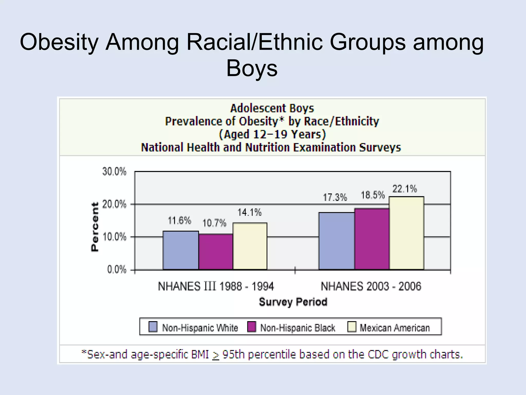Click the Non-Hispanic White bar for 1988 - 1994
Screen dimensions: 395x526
point(181,250)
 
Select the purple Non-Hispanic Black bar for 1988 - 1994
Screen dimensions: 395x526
point(216,252)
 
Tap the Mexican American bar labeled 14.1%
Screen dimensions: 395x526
point(250,246)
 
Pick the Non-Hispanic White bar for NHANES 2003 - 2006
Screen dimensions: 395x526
point(336,241)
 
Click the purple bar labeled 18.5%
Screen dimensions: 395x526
point(372,239)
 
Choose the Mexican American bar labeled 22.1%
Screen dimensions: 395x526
point(407,233)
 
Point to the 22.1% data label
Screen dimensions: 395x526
point(405,189)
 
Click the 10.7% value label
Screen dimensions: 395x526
point(214,223)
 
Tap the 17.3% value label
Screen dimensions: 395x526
point(335,197)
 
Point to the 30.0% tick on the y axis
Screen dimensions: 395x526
point(115,172)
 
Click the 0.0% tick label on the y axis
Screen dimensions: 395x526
point(117,270)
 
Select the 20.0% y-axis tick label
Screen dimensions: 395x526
point(115,204)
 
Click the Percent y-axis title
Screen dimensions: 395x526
point(95,227)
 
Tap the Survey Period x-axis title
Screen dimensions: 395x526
point(293,302)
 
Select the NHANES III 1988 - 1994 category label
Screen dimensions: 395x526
point(216,286)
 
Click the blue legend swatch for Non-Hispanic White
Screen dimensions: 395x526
point(153,327)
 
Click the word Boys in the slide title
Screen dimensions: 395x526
point(252,68)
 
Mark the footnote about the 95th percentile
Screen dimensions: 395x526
point(272,355)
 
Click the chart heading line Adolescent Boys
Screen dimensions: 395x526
point(272,108)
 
